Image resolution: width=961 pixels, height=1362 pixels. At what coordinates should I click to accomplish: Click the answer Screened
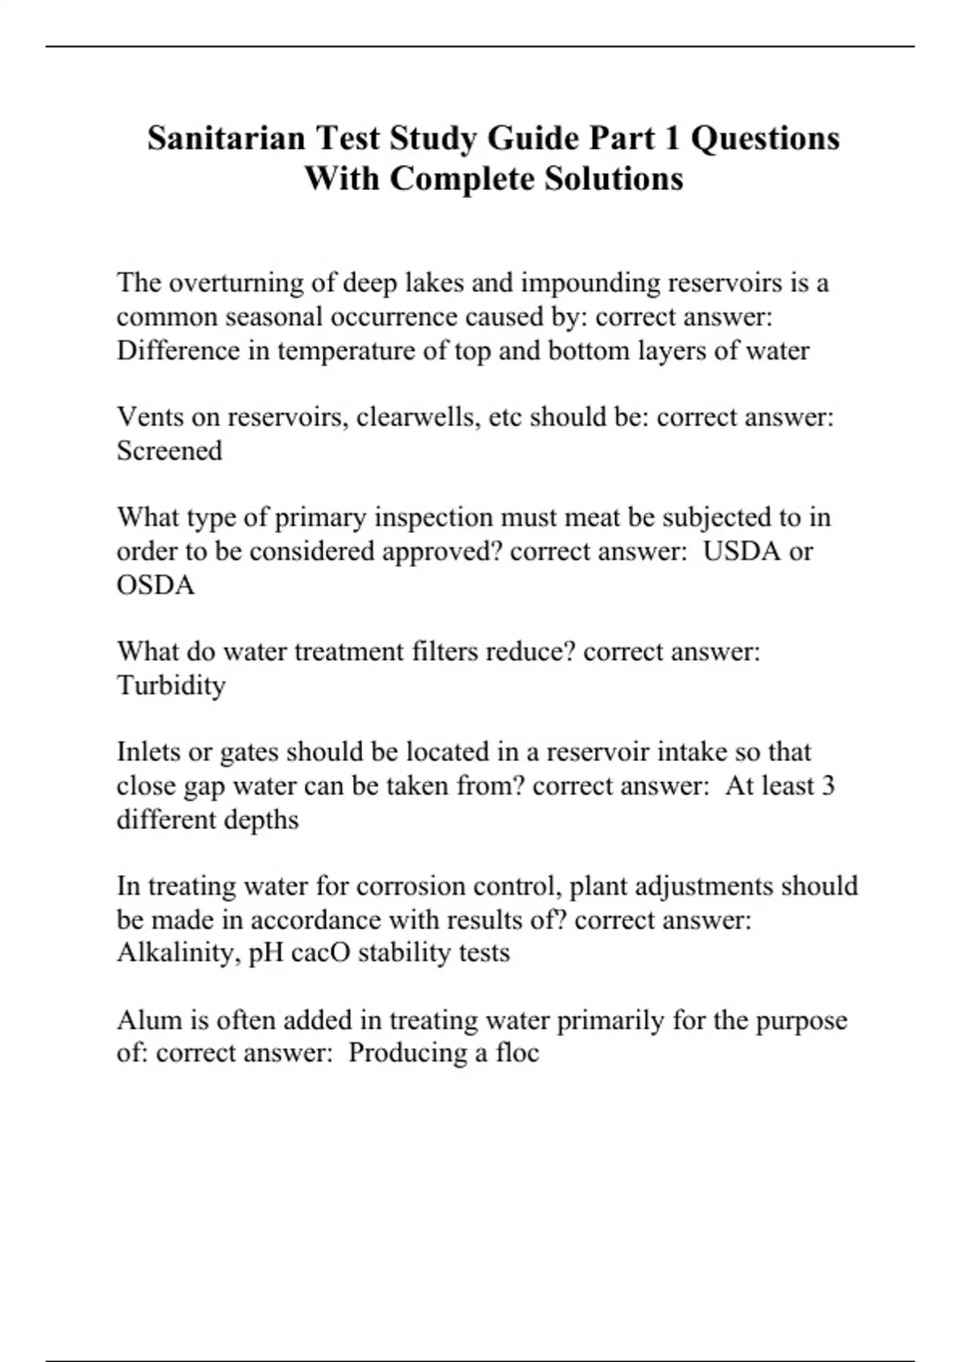click(x=169, y=451)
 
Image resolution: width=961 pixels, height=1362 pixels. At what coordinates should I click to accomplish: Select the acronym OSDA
click(x=155, y=585)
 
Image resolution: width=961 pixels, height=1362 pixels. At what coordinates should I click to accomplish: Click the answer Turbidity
click(x=171, y=686)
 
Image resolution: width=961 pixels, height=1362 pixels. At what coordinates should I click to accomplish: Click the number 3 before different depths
click(x=828, y=786)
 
